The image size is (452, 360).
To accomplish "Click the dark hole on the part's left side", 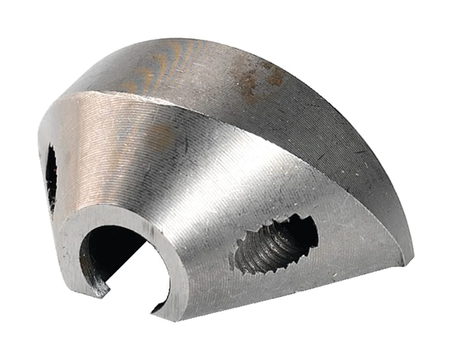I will point(51,176).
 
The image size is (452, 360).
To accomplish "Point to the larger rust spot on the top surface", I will point(249,84).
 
